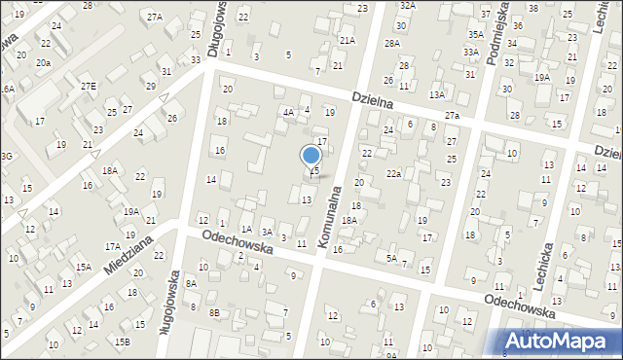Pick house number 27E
tap(89, 87)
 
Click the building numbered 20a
tap(43, 62)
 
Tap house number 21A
tap(348, 40)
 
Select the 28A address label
tap(392, 44)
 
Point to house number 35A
tap(475, 33)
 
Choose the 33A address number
tap(471, 53)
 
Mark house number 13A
tap(437, 94)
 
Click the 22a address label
tap(393, 173)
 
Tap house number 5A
tap(391, 258)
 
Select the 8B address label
tap(214, 312)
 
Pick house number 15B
tap(122, 342)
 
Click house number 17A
tap(113, 247)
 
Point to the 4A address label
tap(288, 113)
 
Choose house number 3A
tap(266, 232)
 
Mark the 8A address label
tap(192, 283)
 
